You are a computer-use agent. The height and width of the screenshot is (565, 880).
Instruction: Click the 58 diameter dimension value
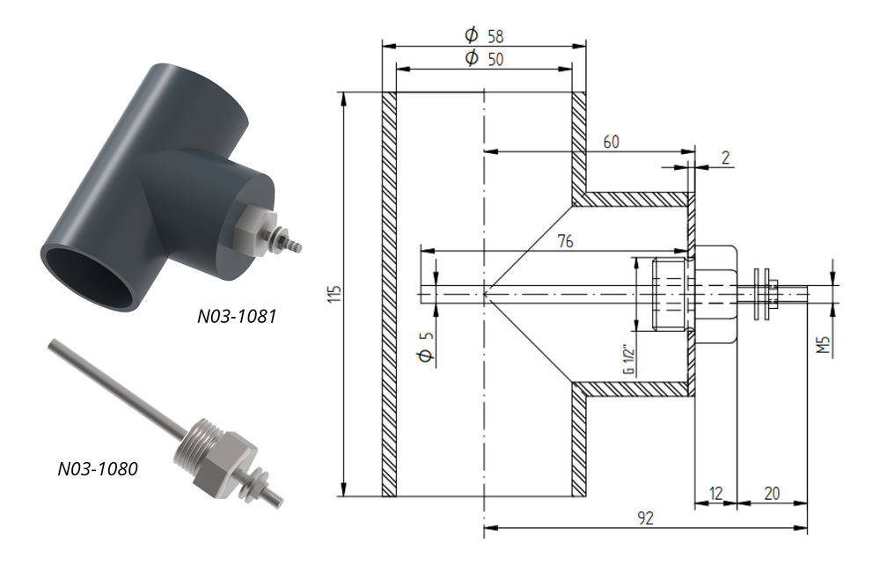(x=495, y=36)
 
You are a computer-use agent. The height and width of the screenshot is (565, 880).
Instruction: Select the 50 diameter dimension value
(x=495, y=59)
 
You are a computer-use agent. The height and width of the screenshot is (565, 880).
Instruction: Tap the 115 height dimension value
(x=334, y=294)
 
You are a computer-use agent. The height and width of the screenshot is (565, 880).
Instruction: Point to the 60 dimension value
(x=612, y=142)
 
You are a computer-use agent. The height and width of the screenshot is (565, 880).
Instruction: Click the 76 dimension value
(x=565, y=241)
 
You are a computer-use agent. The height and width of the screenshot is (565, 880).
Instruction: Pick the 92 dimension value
(x=645, y=517)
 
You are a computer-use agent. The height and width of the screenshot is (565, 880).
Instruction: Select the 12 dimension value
(x=715, y=494)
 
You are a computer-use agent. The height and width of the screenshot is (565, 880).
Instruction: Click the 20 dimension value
(x=772, y=494)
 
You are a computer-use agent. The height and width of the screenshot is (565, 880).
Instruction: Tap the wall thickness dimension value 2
(x=726, y=158)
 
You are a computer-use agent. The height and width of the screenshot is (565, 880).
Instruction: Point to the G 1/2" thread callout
(x=628, y=360)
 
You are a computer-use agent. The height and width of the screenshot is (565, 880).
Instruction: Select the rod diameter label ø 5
(x=427, y=347)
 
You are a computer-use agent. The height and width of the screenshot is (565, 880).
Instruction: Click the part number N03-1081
(x=236, y=317)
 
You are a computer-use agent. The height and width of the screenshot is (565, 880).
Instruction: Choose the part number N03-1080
(x=98, y=468)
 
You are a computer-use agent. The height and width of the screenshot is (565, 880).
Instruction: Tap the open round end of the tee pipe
(x=90, y=275)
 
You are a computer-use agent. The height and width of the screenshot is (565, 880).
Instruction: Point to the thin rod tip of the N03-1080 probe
(x=53, y=343)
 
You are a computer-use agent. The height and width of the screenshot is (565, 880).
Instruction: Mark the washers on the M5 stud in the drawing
(x=762, y=294)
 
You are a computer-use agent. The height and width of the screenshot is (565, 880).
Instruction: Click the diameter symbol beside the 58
(x=472, y=35)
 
